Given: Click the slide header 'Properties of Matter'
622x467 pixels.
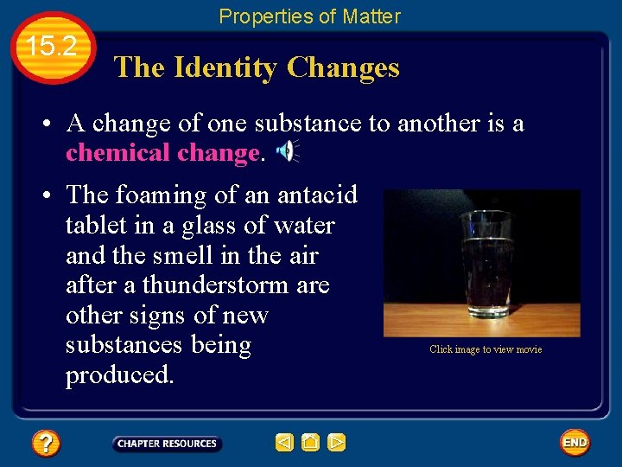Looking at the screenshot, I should [x=309, y=16].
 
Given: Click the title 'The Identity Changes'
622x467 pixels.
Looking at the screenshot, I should [x=257, y=67].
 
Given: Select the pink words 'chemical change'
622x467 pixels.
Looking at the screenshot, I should [x=162, y=153].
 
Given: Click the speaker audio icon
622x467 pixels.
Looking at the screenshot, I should [x=286, y=151].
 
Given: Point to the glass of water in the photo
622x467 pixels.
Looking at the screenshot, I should [x=487, y=264].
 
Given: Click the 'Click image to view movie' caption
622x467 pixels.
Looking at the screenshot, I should [x=486, y=349].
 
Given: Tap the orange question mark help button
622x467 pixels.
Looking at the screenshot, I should [x=45, y=444].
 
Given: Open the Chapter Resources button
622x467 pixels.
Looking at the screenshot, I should [x=167, y=444].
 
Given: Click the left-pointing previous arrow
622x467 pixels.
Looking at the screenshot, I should [x=284, y=443].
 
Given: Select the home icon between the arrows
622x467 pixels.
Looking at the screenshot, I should [x=310, y=443].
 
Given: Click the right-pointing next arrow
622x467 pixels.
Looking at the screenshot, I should [x=337, y=443].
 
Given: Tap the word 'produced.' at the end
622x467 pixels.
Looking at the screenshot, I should [x=119, y=375].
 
